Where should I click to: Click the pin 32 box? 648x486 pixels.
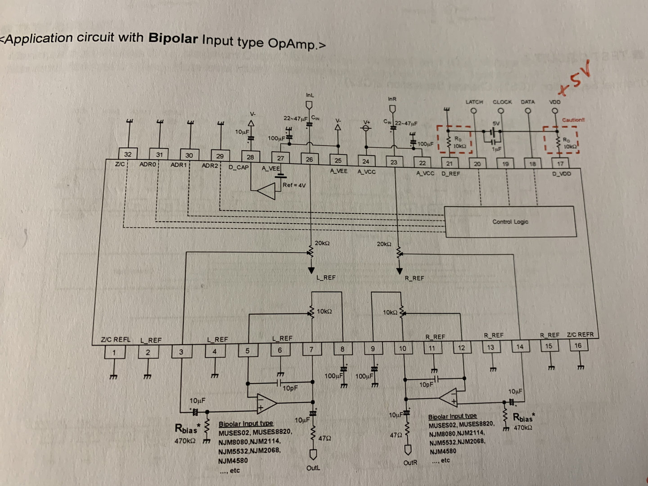[128, 154]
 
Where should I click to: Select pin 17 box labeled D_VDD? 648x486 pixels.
[560, 164]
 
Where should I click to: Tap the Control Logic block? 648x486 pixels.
[510, 221]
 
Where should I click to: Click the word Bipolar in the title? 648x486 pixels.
[173, 38]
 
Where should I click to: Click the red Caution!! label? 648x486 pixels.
[573, 120]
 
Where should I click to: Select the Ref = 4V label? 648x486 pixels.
[294, 185]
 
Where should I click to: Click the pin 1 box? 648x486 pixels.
[114, 352]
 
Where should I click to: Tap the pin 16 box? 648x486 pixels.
[578, 346]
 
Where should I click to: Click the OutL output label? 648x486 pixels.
[313, 468]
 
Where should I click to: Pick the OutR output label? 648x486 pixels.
[410, 463]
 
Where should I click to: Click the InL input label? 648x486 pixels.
[310, 95]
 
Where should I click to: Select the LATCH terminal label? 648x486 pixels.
[474, 102]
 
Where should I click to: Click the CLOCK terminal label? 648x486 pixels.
[502, 102]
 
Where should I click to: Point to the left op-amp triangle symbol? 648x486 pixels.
[266, 403]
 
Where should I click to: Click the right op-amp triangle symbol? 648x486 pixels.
[449, 397]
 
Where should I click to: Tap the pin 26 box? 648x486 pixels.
[309, 159]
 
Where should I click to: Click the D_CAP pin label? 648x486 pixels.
[238, 167]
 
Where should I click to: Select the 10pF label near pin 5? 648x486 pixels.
[290, 388]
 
